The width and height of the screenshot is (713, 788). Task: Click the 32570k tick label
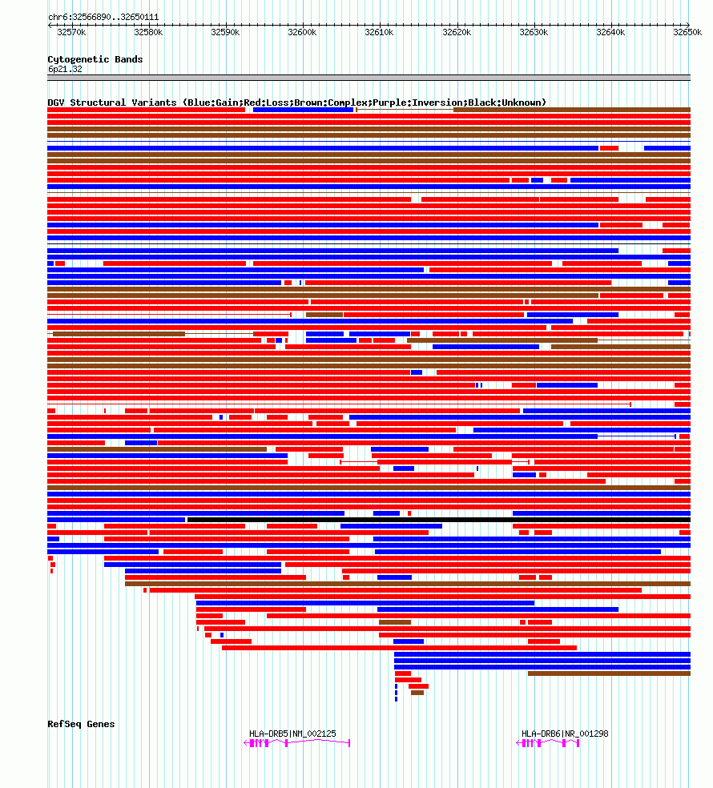[71, 32]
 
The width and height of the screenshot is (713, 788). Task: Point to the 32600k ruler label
[302, 32]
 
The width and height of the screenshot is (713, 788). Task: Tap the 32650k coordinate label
[687, 32]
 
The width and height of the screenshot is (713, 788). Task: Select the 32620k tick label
[456, 32]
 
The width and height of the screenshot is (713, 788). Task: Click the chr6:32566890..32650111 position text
[103, 17]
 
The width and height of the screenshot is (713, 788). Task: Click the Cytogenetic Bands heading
[95, 59]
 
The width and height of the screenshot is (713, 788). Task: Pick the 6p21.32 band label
[65, 69]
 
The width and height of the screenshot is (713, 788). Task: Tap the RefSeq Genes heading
[81, 724]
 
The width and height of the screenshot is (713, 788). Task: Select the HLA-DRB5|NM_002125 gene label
[292, 734]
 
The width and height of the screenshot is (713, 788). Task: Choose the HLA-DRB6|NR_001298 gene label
[565, 734]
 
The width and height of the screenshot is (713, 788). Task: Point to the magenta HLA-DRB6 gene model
[548, 743]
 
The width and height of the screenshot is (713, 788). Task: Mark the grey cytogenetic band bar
[369, 78]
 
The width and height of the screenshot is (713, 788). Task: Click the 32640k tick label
[610, 32]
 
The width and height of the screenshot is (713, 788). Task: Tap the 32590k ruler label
[225, 32]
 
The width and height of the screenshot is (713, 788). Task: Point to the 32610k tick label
[379, 32]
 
